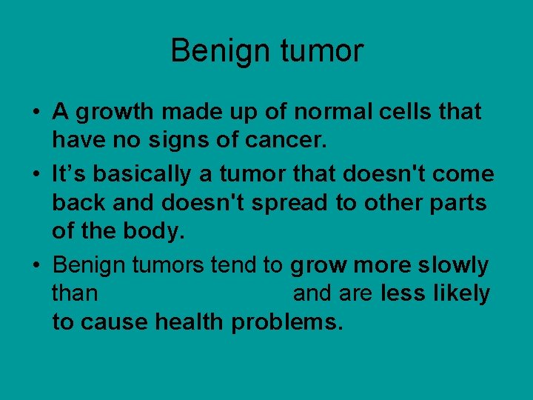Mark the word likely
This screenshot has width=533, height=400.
461,294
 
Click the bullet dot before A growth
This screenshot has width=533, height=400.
35,114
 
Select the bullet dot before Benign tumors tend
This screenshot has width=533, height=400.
35,267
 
